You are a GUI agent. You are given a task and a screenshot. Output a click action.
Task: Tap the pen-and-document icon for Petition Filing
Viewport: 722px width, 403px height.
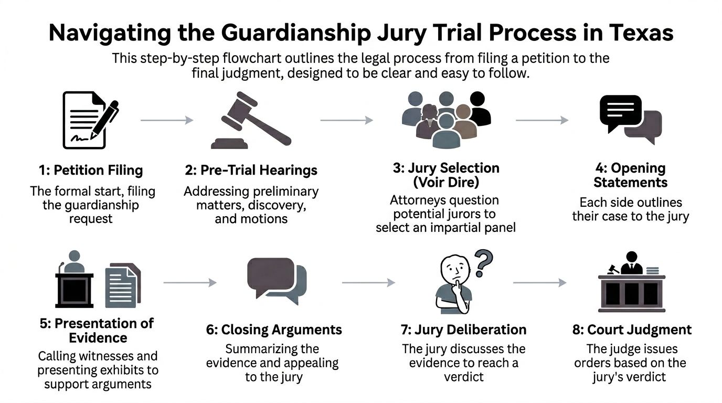point(89,120)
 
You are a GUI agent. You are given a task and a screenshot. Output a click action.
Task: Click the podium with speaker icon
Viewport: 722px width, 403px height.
point(74,280)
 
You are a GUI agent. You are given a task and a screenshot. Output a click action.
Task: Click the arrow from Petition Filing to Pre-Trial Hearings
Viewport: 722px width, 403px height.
point(167,120)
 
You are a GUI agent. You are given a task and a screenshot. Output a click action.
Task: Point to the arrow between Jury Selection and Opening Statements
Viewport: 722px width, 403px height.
point(541,120)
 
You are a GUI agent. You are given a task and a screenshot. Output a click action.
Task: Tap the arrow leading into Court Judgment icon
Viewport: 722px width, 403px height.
point(539,283)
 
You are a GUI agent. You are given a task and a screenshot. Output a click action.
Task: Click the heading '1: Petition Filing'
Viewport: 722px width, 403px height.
point(91,171)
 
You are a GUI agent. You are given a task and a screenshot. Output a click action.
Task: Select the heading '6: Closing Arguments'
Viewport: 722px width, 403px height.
point(274,330)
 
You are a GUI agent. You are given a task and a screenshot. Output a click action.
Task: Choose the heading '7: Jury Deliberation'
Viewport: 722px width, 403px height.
point(463,330)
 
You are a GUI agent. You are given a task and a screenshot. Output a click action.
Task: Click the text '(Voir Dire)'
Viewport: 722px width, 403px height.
point(445,183)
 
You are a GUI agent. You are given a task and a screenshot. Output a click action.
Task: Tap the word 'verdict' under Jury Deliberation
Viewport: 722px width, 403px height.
point(463,377)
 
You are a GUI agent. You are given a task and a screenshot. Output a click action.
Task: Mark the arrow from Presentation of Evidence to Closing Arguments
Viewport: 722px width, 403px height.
point(189,283)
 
